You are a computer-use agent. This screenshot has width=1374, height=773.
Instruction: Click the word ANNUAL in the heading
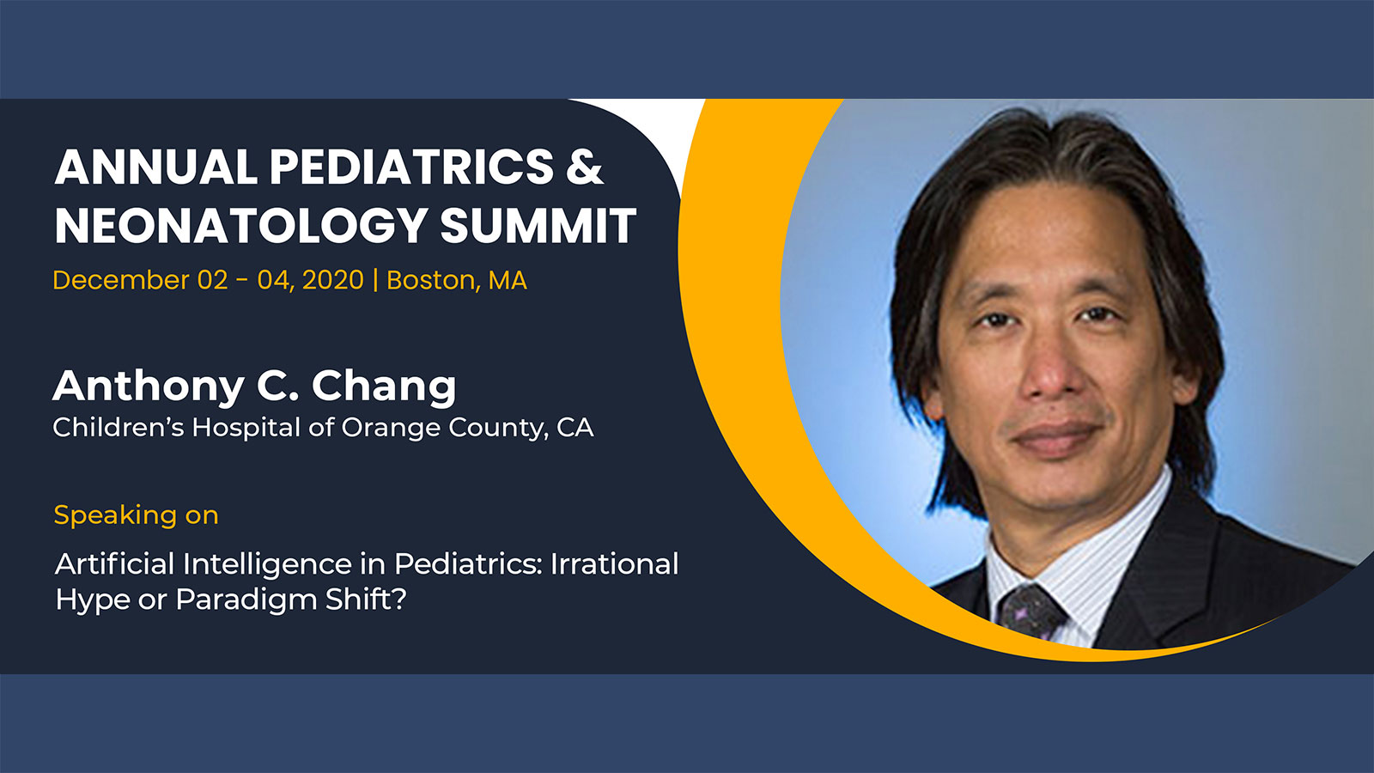pyautogui.click(x=155, y=167)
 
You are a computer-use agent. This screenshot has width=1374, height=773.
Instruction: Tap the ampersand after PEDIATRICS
pyautogui.click(x=585, y=167)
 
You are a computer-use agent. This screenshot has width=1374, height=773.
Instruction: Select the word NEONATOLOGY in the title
pyautogui.click(x=240, y=225)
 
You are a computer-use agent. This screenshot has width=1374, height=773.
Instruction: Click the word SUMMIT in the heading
pyautogui.click(x=538, y=225)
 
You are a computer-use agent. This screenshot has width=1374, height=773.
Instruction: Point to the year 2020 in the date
pyautogui.click(x=333, y=280)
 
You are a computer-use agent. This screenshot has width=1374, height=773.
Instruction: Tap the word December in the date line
pyautogui.click(x=121, y=280)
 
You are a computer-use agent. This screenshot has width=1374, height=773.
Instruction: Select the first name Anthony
pyautogui.click(x=148, y=387)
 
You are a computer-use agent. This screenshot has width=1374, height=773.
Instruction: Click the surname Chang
pyautogui.click(x=384, y=387)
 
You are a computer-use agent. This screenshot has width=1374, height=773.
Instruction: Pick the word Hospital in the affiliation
pyautogui.click(x=246, y=428)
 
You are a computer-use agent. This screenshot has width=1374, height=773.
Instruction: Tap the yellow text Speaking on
pyautogui.click(x=137, y=514)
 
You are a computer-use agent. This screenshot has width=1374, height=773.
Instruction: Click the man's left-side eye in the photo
pyautogui.click(x=994, y=319)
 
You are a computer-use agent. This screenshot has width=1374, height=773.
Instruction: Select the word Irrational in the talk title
pyautogui.click(x=615, y=563)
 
